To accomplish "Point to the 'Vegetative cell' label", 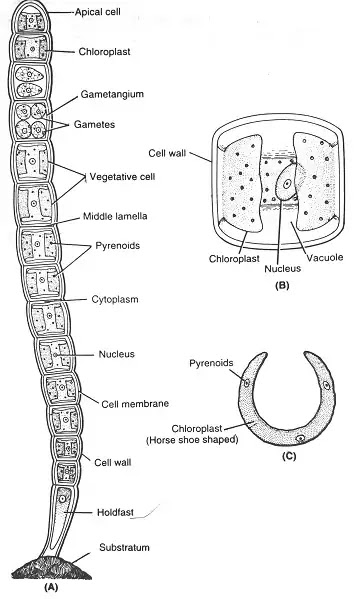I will tap(118, 174).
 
